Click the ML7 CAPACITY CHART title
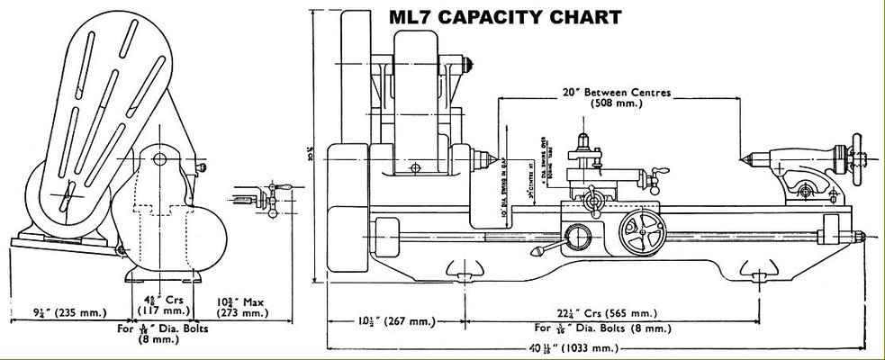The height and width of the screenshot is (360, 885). coord(503,16)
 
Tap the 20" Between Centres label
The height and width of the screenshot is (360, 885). coord(618,92)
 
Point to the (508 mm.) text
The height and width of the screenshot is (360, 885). coord(618,104)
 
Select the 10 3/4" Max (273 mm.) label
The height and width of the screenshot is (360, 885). coord(242,307)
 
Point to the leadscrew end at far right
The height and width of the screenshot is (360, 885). coord(859,237)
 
